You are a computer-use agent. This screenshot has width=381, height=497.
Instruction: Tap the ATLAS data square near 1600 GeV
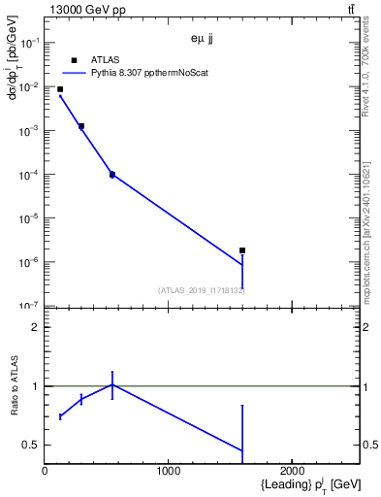[242, 250]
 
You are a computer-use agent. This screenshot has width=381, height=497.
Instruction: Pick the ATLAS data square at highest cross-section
[60, 89]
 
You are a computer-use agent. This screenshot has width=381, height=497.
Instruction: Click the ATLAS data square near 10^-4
[112, 175]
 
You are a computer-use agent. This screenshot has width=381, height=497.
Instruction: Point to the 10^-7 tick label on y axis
[29, 307]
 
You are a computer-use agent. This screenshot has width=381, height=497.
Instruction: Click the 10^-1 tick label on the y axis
[29, 43]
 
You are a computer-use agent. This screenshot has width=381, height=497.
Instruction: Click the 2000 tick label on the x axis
[293, 471]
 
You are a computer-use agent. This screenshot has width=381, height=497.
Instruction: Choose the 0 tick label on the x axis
[45, 471]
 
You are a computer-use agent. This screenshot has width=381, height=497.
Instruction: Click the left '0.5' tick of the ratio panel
[31, 445]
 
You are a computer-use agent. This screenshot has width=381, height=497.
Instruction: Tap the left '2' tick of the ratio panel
[35, 327]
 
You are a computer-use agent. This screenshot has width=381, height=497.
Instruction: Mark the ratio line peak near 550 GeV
[112, 384]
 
